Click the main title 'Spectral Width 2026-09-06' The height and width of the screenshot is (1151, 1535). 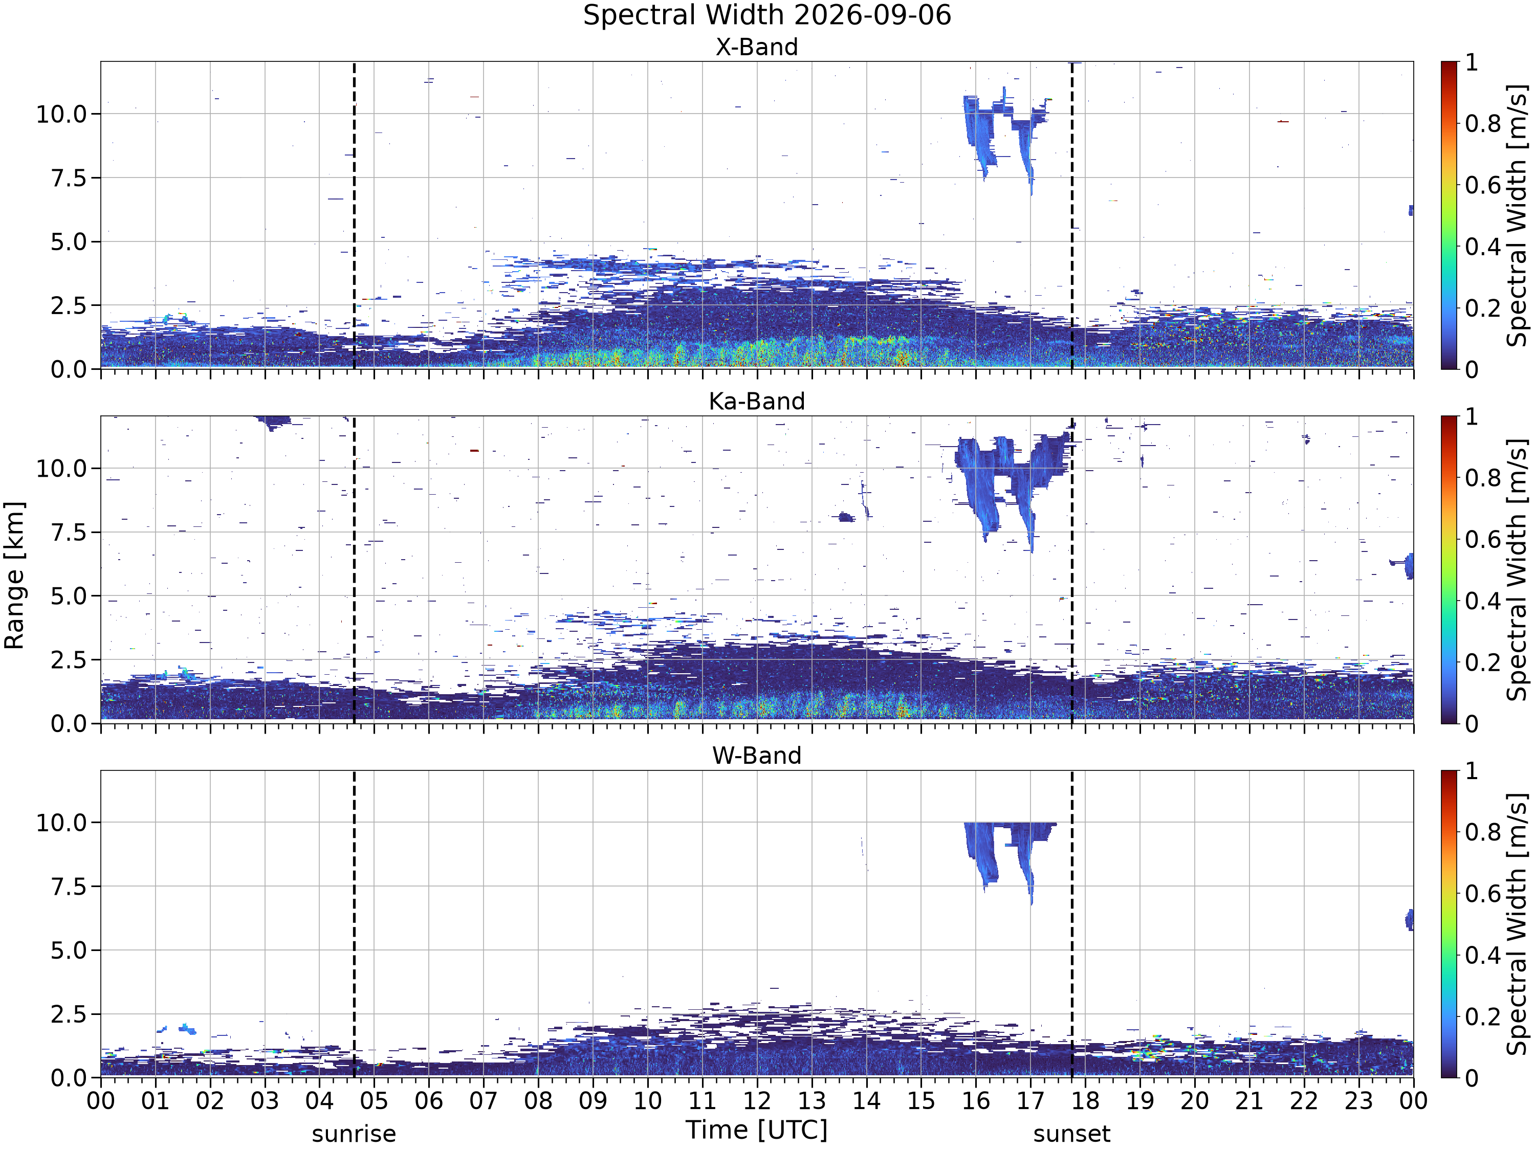pos(767,15)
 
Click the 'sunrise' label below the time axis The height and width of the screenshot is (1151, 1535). pos(354,1134)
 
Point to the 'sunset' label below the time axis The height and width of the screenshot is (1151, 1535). pos(1071,1134)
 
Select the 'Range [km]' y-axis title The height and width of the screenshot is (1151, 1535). pos(14,575)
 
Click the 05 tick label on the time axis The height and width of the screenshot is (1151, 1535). pos(374,1101)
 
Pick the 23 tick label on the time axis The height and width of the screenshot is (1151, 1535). pos(1359,1101)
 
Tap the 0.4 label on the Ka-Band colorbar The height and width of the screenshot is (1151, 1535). pos(1483,602)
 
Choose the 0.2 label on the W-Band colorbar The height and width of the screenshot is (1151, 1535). pos(1483,1017)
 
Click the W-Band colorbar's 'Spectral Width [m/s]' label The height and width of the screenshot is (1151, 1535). pos(1518,924)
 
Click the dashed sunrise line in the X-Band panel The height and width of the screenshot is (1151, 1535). pos(354,215)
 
